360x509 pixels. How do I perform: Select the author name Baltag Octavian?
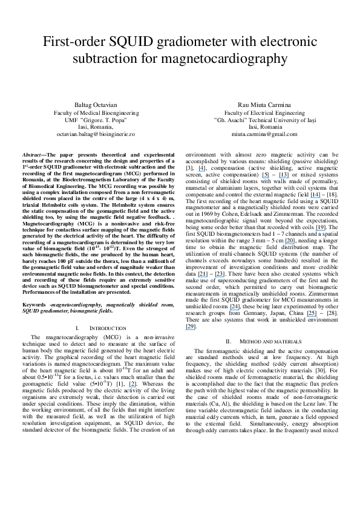(x=93, y=105)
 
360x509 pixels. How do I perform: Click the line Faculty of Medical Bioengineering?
(x=93, y=112)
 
